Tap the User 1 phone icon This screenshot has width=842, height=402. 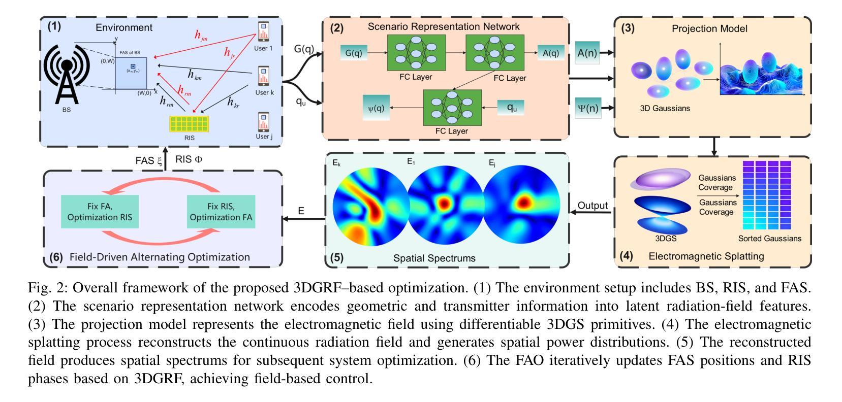pos(263,31)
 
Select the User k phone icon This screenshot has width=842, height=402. pos(263,76)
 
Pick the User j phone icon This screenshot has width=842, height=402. pos(263,122)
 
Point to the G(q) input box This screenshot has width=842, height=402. pos(354,53)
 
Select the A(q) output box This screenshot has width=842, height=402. pos(551,53)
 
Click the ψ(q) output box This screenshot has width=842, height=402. pos(376,108)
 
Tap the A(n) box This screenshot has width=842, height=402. pos(587,53)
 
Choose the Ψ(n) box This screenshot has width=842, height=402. pos(588,108)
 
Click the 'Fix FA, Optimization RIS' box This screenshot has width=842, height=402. pos(100,212)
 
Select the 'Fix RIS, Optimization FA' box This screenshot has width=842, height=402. pos(221,212)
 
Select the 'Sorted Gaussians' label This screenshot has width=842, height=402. pos(769,238)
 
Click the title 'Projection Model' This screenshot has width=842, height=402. pos(709,28)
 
